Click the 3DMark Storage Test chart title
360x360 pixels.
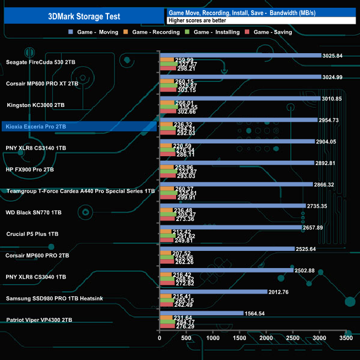(x=83, y=16)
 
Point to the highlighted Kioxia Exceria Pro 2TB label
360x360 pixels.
(x=35, y=126)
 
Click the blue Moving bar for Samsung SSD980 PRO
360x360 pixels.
(x=213, y=292)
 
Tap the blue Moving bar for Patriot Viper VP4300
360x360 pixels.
(x=201, y=313)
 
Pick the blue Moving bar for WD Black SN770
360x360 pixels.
(x=233, y=206)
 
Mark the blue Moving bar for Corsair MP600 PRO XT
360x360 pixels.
(x=240, y=77)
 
